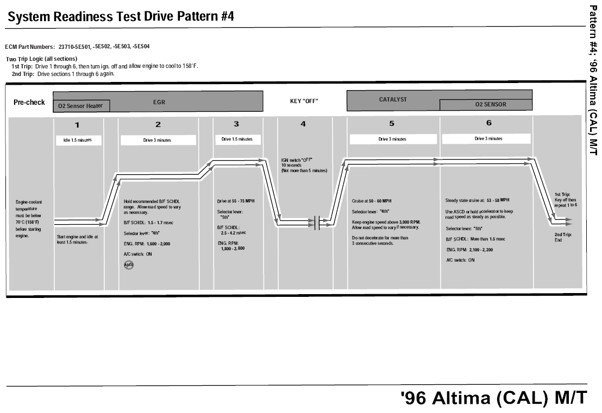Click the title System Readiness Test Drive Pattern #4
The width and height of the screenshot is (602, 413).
coord(121,17)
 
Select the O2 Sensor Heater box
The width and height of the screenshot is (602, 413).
coord(81,106)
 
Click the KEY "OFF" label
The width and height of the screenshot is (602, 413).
coord(304,101)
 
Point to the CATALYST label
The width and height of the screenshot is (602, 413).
coord(393,100)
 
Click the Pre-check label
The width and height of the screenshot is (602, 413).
coord(29,103)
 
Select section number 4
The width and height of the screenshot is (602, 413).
coord(303,124)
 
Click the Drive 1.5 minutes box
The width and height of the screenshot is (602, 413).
coord(237,139)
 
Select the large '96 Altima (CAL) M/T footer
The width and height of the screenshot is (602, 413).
coord(493,398)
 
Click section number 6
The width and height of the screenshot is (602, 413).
coord(488,124)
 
